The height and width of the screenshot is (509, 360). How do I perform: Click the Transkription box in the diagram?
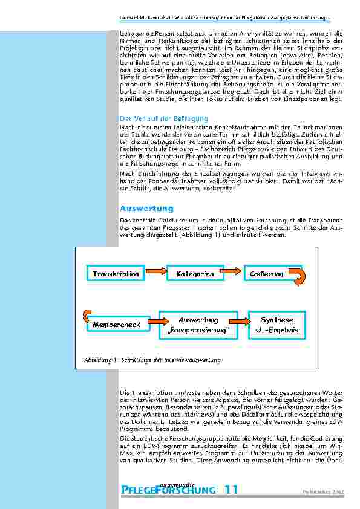tap(116, 274)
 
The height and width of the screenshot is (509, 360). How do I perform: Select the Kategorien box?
tap(195, 274)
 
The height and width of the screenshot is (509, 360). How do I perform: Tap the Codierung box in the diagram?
tap(267, 274)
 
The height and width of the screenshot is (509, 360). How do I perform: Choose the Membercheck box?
tap(116, 325)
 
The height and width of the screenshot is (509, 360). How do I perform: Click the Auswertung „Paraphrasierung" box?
tap(198, 325)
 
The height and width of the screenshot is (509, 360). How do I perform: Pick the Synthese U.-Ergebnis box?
tap(277, 325)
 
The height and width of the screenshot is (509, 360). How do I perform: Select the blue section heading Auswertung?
tap(146, 208)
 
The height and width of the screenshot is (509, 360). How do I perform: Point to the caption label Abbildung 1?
tap(100, 360)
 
